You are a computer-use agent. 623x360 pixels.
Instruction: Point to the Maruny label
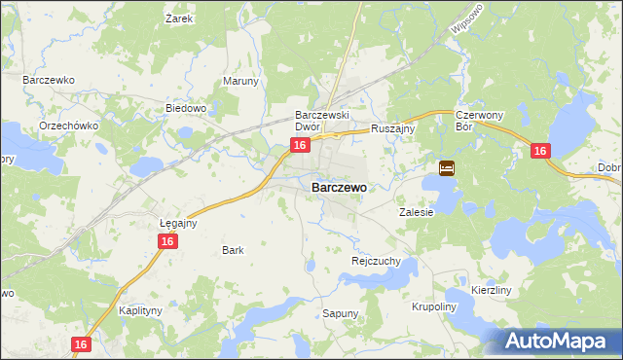pos(241,81)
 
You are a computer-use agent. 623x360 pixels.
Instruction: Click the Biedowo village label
pos(186,108)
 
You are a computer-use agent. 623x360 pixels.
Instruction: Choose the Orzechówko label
pos(67,126)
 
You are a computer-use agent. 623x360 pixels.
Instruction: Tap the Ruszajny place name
pos(394,127)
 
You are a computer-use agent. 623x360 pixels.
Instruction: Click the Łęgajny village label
pos(178,222)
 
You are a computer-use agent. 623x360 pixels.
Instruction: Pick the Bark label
pos(233,250)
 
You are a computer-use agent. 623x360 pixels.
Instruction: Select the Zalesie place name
pos(416,211)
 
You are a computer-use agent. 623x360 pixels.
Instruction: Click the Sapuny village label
pos(341,313)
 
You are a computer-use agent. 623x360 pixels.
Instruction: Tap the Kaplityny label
pos(139,310)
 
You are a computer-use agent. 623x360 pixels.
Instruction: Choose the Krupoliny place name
pos(433,306)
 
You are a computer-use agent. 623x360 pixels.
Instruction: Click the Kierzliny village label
pos(491,290)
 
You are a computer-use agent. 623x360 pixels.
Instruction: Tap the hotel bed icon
pos(447,168)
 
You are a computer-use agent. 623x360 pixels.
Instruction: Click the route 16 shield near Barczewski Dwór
pos(300,145)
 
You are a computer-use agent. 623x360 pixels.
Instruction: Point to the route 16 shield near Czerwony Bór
pos(541,151)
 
